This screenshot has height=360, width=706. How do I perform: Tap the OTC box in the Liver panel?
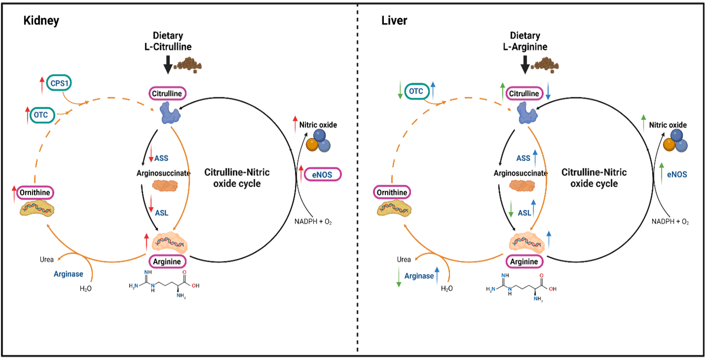pyautogui.click(x=415, y=91)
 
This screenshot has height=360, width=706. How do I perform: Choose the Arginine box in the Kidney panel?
pyautogui.click(x=167, y=260)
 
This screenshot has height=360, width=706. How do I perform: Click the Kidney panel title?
pyautogui.click(x=42, y=21)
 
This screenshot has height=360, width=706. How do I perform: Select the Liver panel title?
pyautogui.click(x=394, y=21)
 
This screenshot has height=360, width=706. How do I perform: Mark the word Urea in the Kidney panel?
pyautogui.click(x=47, y=259)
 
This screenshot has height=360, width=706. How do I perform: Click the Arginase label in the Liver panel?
pyautogui.click(x=419, y=276)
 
